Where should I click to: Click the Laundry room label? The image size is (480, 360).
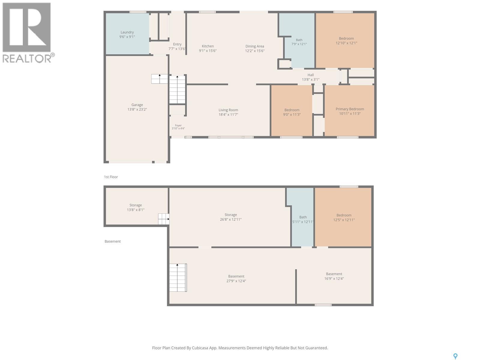[127, 32]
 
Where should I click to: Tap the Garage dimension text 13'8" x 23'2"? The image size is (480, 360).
[137, 109]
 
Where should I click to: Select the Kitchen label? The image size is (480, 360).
[208, 46]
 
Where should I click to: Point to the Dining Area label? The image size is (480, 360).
[255, 46]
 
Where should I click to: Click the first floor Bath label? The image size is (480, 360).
[299, 40]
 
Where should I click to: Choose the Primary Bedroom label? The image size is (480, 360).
[350, 109]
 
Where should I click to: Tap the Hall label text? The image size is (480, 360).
[310, 75]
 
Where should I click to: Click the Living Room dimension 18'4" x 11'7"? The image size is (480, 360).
[228, 115]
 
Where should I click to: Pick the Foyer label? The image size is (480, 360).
[178, 125]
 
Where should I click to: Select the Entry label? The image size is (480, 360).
[177, 44]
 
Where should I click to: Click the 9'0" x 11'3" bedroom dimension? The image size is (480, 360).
[292, 115]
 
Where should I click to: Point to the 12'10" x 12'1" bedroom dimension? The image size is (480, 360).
[346, 43]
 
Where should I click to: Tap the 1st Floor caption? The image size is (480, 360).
[111, 177]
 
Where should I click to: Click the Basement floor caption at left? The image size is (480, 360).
[112, 241]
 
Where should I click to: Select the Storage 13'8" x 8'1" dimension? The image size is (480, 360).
[136, 210]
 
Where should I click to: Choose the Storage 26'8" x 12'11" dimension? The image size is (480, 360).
[231, 220]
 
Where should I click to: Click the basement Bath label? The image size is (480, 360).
[303, 217]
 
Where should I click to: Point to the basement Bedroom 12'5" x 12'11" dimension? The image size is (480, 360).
[344, 220]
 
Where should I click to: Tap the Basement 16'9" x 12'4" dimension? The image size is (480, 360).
[334, 278]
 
